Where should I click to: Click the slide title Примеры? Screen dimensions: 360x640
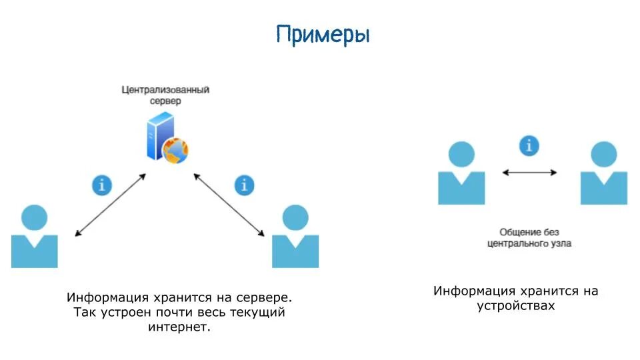pyautogui.click(x=323, y=35)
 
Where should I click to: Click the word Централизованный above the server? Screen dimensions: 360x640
pyautogui.click(x=165, y=89)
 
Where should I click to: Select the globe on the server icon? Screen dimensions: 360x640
pyautogui.click(x=175, y=150)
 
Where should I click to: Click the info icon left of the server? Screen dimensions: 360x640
pyautogui.click(x=101, y=185)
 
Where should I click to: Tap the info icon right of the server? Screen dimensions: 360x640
pyautogui.click(x=245, y=185)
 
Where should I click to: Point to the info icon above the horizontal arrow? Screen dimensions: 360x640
pyautogui.click(x=529, y=145)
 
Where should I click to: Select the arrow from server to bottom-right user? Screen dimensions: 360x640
pyautogui.click(x=229, y=205)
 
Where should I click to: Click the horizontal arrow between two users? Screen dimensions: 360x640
pyautogui.click(x=529, y=172)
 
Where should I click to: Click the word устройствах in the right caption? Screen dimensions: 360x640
pyautogui.click(x=515, y=306)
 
